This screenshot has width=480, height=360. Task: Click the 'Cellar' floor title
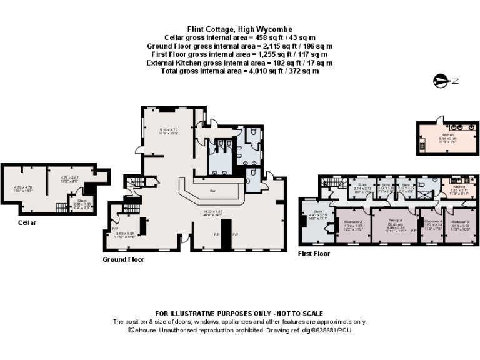(x=27, y=222)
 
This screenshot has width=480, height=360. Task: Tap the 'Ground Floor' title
(x=123, y=259)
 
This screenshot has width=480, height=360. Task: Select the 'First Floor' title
(x=314, y=254)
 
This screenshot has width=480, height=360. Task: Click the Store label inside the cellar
(x=82, y=202)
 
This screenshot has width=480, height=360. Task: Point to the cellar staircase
(x=61, y=207)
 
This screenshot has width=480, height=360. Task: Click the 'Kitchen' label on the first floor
(x=459, y=187)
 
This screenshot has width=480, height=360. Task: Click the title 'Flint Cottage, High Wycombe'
(x=239, y=29)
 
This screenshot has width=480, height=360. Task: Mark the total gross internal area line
(x=239, y=71)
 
